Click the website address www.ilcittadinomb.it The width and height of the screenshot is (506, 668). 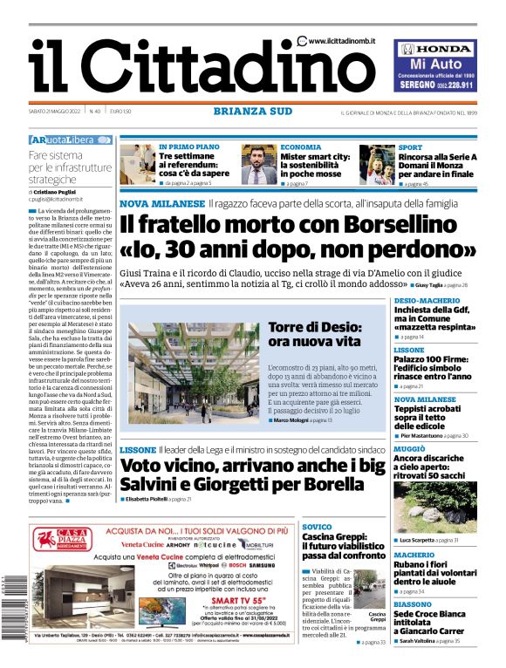[348, 41]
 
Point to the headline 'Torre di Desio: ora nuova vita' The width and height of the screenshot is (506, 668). [314, 334]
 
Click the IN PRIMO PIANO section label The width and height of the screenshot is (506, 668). [188, 147]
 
